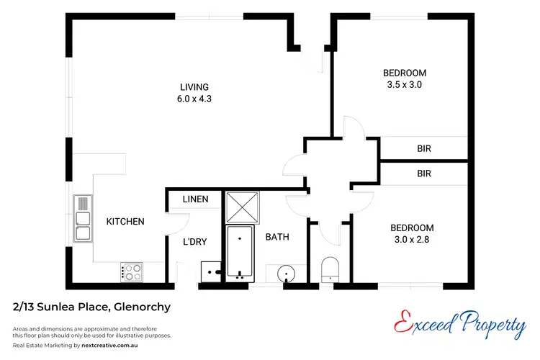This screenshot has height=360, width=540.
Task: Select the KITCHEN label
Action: click(x=125, y=222)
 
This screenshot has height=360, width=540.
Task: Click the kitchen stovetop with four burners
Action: click(x=133, y=272)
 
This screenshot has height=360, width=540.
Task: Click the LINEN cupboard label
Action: click(x=195, y=199)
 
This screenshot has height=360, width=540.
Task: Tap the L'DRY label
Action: click(x=195, y=242)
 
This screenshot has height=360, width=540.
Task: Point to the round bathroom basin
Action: click(x=287, y=274)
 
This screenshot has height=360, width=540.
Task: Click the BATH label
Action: click(x=277, y=236)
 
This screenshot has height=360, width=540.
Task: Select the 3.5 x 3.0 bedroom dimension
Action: click(x=404, y=84)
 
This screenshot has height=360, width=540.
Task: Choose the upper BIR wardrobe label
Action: click(x=423, y=149)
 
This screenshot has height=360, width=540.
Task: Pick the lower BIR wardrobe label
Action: click(x=423, y=174)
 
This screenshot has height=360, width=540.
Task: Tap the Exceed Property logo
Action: click(x=461, y=324)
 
